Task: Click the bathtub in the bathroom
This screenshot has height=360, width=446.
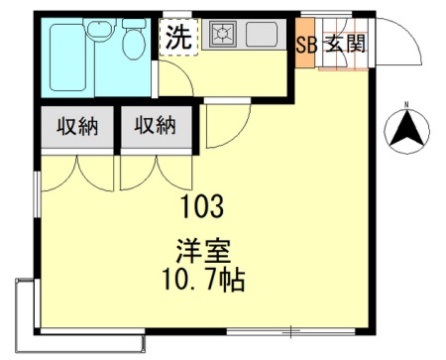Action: pos(70,59)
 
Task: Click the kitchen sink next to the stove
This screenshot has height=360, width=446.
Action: pos(264,37)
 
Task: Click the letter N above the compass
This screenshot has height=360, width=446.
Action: pos(405,103)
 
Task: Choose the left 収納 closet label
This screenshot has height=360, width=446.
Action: pos(75,126)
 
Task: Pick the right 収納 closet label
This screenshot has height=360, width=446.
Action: pos(156,126)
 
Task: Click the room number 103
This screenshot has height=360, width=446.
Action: pos(202,209)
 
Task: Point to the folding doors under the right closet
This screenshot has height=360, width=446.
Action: pos(156,171)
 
